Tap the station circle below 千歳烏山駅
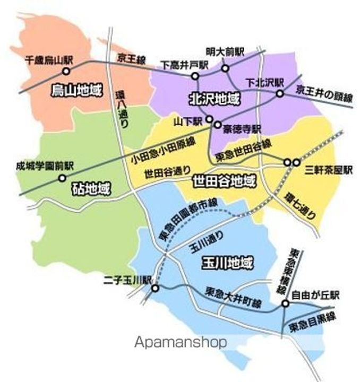pyautogui.click(x=66, y=71)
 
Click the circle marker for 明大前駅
pyautogui.click(x=226, y=68)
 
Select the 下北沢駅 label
pyautogui.click(x=265, y=83)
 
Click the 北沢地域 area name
pyautogui.click(x=214, y=98)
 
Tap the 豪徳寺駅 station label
pyautogui.click(x=242, y=128)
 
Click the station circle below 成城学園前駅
pyautogui.click(x=62, y=178)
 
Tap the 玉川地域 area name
pyautogui.click(x=227, y=262)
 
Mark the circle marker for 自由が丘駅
pyautogui.click(x=285, y=304)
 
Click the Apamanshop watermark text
pyautogui.click(x=181, y=342)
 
